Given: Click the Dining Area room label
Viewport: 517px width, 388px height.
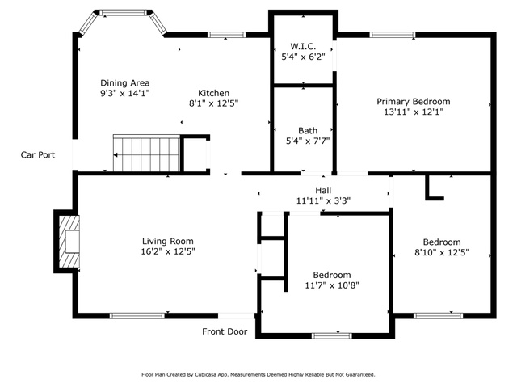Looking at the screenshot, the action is (125, 82).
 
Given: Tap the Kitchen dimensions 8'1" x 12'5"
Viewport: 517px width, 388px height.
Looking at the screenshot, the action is (213, 103).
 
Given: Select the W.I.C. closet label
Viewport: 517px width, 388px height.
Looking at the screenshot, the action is (303, 47).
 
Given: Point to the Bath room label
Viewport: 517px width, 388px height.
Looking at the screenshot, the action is (308, 131).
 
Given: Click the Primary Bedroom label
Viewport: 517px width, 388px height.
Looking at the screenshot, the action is (414, 102).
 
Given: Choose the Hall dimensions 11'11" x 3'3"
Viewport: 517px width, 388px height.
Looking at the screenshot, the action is (323, 200).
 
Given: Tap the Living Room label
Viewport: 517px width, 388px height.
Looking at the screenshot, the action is (168, 241).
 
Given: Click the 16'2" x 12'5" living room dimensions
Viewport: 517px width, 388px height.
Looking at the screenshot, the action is (168, 251).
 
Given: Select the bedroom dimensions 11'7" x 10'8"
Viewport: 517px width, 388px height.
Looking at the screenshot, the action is (332, 285).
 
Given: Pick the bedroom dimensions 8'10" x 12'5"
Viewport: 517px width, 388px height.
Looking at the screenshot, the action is (442, 252).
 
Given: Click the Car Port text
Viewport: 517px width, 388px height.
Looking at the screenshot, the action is (38, 154).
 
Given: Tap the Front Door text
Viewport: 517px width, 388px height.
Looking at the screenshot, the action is (225, 331).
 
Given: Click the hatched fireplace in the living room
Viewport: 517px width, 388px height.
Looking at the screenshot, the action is (69, 242).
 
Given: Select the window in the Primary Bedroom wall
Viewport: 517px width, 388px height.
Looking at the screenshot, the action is (392, 35).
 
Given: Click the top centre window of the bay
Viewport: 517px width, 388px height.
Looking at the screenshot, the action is (123, 13).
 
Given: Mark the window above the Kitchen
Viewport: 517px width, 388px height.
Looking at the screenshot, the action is (226, 35).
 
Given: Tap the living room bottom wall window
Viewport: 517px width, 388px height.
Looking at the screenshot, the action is (137, 316).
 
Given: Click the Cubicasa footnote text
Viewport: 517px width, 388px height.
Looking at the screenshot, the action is (258, 375).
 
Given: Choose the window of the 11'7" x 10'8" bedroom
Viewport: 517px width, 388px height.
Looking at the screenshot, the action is (332, 336).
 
